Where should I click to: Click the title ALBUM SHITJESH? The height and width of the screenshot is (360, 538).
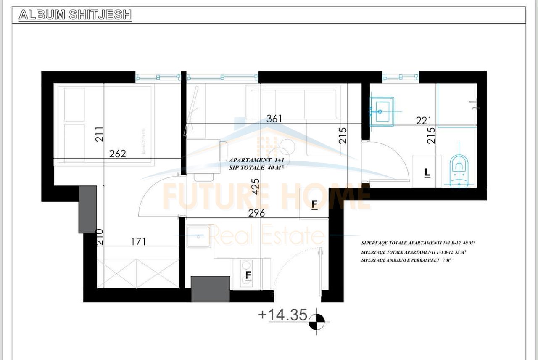point(75,15)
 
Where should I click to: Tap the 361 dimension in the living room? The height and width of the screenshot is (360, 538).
point(274,119)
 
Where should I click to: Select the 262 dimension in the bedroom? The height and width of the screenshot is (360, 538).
point(117,154)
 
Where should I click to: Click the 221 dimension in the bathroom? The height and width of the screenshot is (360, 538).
point(424,121)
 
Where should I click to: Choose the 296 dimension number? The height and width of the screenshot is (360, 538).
point(256,213)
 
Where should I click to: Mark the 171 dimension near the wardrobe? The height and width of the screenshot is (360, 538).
point(138,242)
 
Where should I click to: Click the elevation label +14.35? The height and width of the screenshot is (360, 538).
point(283,315)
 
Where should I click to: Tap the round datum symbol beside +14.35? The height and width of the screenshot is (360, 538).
point(316,322)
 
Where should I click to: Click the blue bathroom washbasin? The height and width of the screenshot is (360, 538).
point(382,111)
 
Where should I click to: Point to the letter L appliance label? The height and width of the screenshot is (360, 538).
point(427,172)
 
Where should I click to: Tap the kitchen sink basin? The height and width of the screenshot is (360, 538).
point(198,236)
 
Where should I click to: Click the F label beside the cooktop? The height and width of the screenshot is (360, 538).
point(248,275)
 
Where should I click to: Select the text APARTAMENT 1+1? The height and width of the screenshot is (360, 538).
point(251,160)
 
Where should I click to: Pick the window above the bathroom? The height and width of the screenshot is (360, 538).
point(401,77)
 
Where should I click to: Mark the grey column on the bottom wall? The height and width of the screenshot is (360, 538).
point(210,289)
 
